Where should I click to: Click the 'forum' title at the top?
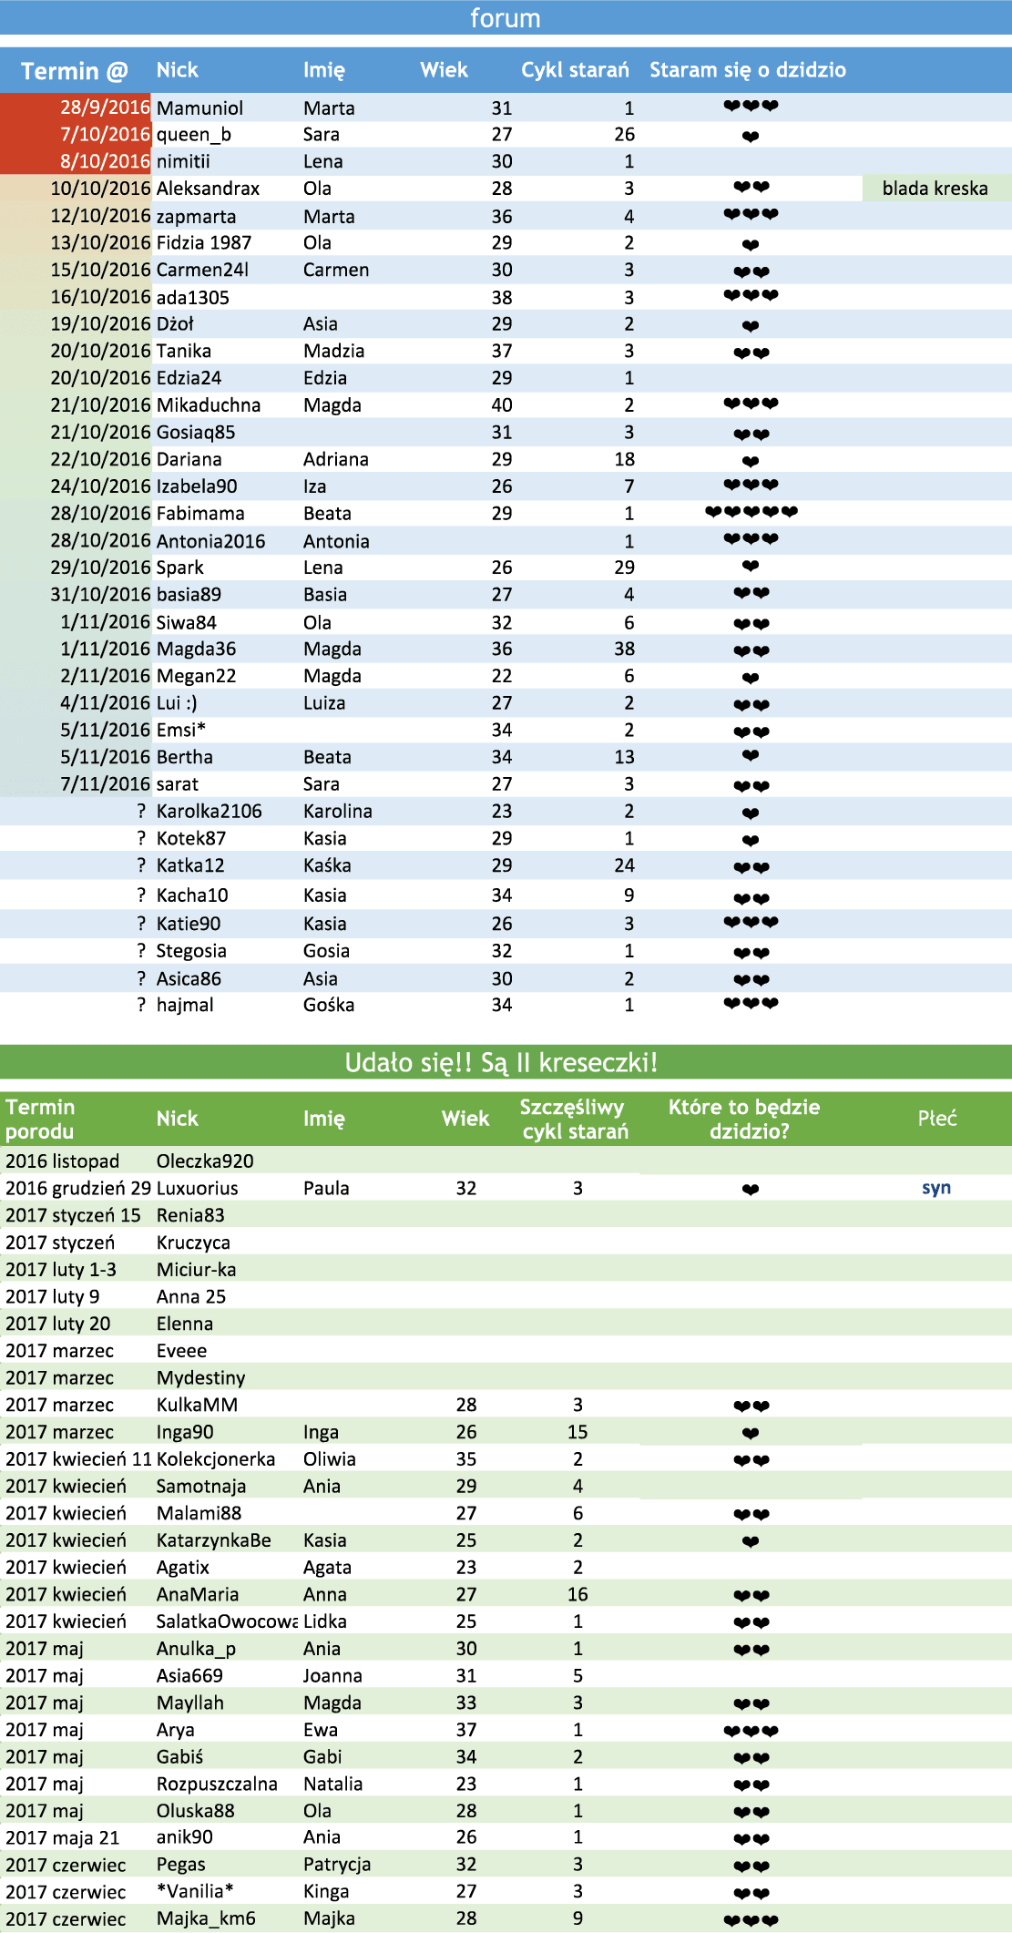[505, 18]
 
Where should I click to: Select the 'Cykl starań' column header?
[575, 70]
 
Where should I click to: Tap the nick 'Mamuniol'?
[199, 107]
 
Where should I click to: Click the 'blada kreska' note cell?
[935, 189]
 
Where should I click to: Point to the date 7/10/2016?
[105, 134]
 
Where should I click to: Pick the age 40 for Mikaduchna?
[502, 404]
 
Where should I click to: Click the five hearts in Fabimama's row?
[751, 512]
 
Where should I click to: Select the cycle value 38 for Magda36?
[624, 649]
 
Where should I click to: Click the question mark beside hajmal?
[141, 1005]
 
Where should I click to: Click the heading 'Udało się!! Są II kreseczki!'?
[501, 1062]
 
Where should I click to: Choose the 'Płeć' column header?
[936, 1119]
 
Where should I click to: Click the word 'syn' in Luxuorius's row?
[935, 1188]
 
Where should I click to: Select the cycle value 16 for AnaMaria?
[578, 1594]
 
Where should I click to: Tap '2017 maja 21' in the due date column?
[62, 1837]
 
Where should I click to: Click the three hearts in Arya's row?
[751, 1731]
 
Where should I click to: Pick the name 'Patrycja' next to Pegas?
[337, 1864]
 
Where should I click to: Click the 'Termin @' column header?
[75, 70]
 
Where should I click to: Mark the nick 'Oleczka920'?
[205, 1161]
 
